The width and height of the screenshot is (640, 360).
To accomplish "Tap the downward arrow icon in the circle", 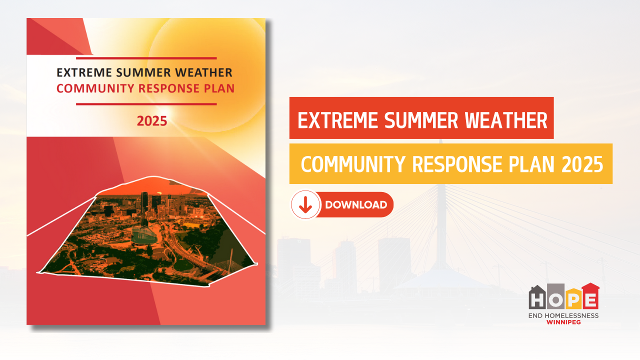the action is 305,205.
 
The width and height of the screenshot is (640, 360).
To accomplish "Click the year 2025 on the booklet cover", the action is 151,121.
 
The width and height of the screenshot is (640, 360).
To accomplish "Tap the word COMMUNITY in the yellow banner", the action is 353,164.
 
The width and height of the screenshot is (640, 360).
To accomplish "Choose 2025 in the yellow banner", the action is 582,164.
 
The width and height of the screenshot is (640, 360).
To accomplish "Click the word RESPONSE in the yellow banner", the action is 457,164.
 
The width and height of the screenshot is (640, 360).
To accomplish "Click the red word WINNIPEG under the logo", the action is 563,322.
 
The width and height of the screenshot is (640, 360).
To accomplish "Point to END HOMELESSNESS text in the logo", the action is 563,315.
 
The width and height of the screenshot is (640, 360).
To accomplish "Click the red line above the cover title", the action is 146,58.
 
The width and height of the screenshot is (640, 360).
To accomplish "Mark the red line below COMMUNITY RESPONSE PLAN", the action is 146,104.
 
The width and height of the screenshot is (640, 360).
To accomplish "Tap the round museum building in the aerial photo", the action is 143,236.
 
